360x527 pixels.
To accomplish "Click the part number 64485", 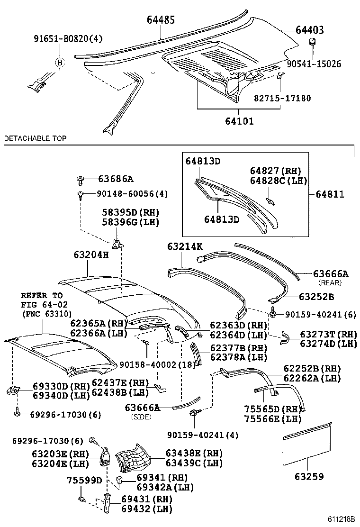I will pos(161,19).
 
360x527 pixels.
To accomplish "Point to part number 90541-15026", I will pos(314,64).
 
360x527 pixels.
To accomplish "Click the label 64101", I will pos(240,121).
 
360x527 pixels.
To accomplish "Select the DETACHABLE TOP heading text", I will pos(36,138).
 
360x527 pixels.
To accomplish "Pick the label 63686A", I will pos(116,179).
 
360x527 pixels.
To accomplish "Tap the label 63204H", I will pos(91,254).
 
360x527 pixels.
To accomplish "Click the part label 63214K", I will pos(185,246).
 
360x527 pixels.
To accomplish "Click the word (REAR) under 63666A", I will pos(330,282).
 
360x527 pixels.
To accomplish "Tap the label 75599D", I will pos(84,481).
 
